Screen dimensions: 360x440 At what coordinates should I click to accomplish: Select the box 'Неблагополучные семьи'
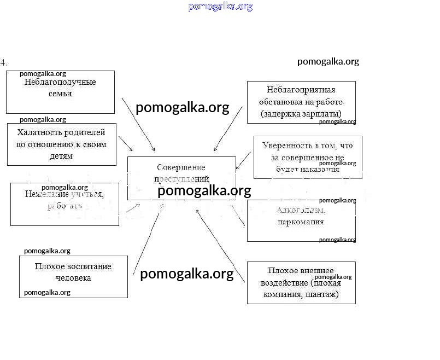click(x=60, y=92)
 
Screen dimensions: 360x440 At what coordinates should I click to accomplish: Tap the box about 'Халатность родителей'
click(x=61, y=144)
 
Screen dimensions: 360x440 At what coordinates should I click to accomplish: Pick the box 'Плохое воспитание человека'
click(x=73, y=276)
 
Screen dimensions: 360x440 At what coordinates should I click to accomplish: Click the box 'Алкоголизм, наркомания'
click(x=301, y=220)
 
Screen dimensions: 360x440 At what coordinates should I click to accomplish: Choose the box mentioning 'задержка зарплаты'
click(x=301, y=102)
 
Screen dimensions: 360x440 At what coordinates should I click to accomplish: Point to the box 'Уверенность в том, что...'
click(x=307, y=157)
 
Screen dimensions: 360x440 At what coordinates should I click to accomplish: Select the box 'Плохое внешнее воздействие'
click(x=301, y=283)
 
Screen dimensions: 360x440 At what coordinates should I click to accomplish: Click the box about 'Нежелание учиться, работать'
click(x=64, y=204)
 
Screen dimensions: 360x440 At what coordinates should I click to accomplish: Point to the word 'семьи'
click(x=60, y=93)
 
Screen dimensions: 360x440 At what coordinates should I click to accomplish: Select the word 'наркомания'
click(x=301, y=222)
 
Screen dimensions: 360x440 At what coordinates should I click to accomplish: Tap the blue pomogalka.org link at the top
click(x=220, y=7)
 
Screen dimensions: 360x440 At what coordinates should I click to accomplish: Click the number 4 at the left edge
click(x=3, y=62)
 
